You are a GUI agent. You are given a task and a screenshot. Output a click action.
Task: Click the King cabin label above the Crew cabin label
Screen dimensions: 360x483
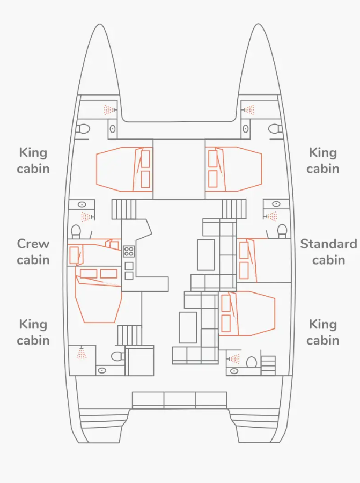[33, 160]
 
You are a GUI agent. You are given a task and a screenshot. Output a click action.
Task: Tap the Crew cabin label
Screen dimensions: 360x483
[33, 252]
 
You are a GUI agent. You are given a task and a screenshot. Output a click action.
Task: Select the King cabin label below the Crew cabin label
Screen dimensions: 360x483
[33, 332]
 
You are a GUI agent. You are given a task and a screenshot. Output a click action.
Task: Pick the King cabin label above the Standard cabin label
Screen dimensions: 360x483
[323, 160]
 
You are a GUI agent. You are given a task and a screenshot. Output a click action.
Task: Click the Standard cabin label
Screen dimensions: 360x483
[328, 252]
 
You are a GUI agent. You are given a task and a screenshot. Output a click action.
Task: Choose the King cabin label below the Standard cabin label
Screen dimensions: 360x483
[323, 332]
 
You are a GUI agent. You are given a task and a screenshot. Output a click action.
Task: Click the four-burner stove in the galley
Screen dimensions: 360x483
[129, 251]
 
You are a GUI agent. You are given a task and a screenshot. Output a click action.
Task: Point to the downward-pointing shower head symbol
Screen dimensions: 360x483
[82, 353]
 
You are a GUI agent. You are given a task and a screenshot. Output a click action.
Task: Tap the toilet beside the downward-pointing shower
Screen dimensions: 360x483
[117, 356]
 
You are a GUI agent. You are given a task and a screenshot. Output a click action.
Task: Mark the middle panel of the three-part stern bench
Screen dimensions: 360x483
[180, 400]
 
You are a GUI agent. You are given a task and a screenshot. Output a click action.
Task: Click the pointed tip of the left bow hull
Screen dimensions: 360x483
[99, 24]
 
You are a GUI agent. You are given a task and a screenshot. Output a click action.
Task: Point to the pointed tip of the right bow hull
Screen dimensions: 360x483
[258, 24]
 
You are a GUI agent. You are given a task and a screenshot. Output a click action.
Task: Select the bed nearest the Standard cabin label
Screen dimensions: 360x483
[264, 260]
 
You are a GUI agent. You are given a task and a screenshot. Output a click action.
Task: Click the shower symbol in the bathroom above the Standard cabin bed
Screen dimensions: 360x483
[271, 216]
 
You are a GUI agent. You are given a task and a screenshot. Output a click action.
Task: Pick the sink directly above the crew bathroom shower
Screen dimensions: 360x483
[82, 204]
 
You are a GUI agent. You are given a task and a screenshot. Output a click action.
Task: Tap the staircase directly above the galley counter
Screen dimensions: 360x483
[124, 209]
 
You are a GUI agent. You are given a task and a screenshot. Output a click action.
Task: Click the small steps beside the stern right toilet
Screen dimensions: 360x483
[268, 365]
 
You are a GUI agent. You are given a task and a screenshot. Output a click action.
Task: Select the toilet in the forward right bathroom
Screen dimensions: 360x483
[275, 129]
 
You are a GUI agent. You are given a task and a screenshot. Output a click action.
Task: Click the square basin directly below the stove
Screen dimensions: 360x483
[129, 266]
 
